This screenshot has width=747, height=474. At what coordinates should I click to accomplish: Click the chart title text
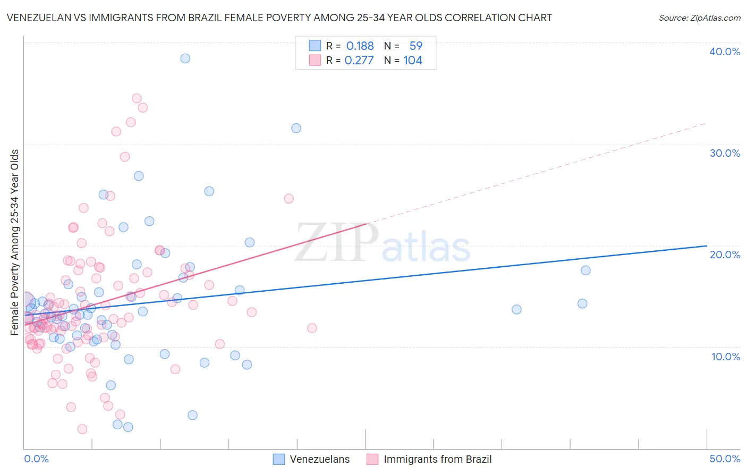coord(279,18)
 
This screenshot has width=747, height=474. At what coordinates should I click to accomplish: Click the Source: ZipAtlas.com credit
coord(699,18)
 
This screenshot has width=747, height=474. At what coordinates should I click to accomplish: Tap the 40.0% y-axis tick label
coord(725,52)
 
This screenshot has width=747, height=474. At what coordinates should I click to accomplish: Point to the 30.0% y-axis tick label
coord(725,153)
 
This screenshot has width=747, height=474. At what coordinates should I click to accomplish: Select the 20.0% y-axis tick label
coord(725,255)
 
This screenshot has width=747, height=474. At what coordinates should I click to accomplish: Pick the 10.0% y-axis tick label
coord(725,357)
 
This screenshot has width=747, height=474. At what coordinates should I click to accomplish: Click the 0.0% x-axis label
coord(36,459)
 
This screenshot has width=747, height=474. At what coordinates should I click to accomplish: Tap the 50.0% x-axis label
coord(725,459)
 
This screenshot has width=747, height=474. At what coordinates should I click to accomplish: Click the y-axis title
coord(15,242)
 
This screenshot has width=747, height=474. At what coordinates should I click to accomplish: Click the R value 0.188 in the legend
coord(360,46)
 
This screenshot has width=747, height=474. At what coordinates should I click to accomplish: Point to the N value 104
coord(413,61)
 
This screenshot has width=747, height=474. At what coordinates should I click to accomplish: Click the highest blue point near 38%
coord(185,58)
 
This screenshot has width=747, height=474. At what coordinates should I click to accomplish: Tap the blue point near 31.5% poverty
coord(296,128)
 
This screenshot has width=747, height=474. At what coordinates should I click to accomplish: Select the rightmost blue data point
coord(585,270)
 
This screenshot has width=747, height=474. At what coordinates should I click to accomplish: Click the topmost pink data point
coord(137,98)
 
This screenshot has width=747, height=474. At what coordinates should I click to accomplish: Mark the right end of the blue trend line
coord(707,246)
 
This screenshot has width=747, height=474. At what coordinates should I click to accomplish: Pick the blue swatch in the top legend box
coord(315,46)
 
